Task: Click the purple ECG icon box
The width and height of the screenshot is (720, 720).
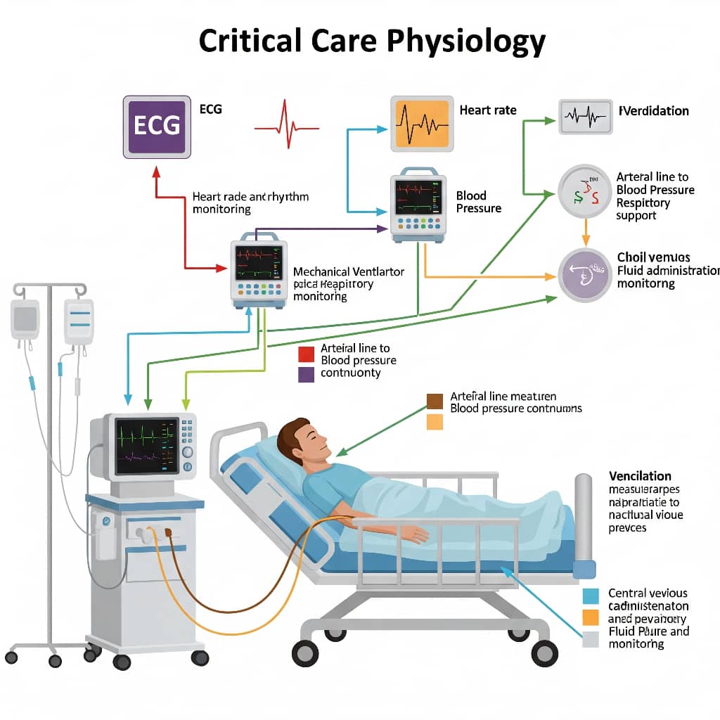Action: [157, 126]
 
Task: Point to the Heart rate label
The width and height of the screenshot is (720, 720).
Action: [487, 110]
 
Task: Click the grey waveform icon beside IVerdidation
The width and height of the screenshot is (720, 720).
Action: [585, 116]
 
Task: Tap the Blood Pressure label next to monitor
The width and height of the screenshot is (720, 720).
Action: [478, 202]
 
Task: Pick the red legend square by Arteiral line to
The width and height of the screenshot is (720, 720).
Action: [306, 354]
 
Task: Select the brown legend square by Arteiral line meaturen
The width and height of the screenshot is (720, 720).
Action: [435, 401]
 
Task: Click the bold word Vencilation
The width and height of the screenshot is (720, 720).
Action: [640, 476]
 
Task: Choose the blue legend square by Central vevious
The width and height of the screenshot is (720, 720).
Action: [591, 596]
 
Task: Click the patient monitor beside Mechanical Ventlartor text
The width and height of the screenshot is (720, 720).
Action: [259, 273]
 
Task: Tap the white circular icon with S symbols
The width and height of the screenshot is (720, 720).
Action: [585, 191]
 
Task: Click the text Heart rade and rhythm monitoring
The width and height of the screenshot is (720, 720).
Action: [250, 202]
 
